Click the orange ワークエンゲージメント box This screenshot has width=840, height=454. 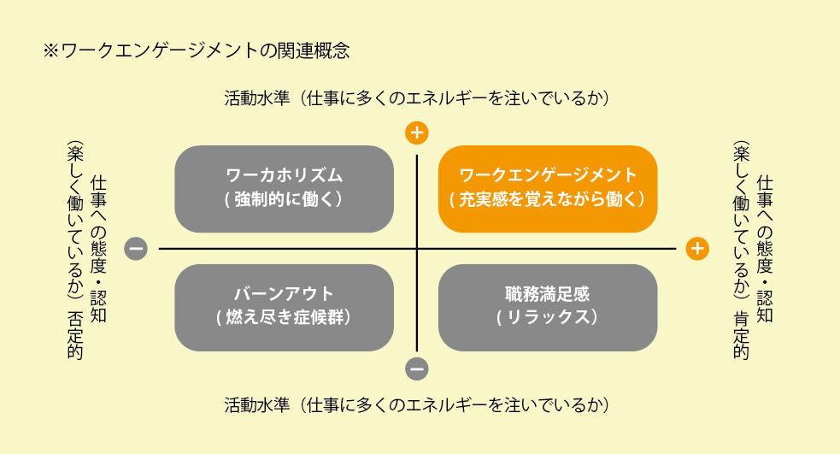pyautogui.click(x=548, y=189)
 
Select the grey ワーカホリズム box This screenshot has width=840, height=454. pyautogui.click(x=284, y=189)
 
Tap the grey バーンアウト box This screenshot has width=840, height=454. pyautogui.click(x=284, y=308)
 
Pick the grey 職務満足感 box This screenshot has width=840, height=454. pyautogui.click(x=548, y=308)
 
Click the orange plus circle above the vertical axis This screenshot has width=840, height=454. pyautogui.click(x=417, y=133)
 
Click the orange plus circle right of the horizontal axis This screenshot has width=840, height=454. pyautogui.click(x=697, y=249)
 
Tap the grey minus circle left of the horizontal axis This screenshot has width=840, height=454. pyautogui.click(x=136, y=249)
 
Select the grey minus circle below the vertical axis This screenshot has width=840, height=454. pyautogui.click(x=417, y=369)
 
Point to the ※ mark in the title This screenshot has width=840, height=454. pyautogui.click(x=50, y=51)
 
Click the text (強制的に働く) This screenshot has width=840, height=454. pyautogui.click(x=284, y=199)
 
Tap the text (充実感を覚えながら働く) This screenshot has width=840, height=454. pyautogui.click(x=548, y=199)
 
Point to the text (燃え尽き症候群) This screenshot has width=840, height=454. pyautogui.click(x=284, y=317)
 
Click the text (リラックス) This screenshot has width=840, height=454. pyautogui.click(x=548, y=317)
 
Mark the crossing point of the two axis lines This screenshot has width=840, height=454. pyautogui.click(x=417, y=249)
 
